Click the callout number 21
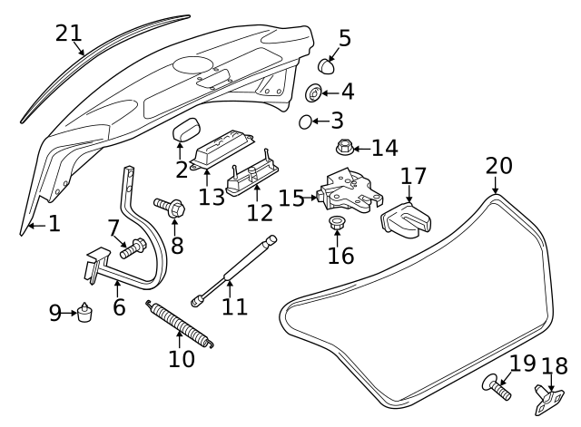[x=69, y=34]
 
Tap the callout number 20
[x=498, y=166]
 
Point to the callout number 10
[x=182, y=359]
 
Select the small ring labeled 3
[x=306, y=121]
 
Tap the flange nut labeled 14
[x=345, y=146]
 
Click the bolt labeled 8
[x=170, y=207]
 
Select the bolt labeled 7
[x=133, y=245]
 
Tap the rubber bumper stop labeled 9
[x=86, y=314]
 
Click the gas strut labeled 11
[x=231, y=267]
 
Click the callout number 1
[x=54, y=222]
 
